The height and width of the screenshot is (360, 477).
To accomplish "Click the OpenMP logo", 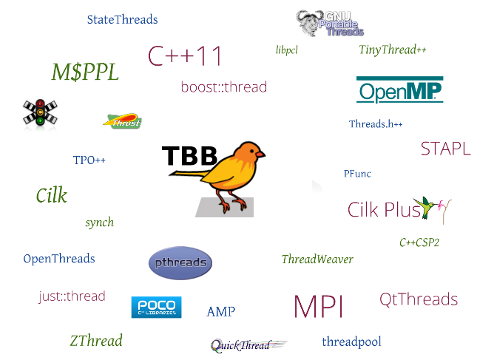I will [x=399, y=90].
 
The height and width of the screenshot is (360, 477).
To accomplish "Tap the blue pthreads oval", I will [x=180, y=263].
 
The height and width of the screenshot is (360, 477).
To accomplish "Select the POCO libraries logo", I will [x=156, y=308].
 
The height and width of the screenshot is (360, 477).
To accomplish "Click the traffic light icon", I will [x=38, y=113].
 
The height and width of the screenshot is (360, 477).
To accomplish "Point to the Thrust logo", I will [x=123, y=121].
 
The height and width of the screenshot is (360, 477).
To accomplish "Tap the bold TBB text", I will [x=189, y=155].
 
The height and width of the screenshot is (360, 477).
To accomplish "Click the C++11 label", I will [x=185, y=56].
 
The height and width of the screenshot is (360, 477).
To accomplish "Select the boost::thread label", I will [x=223, y=87].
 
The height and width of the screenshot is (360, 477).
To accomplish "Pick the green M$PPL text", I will [x=84, y=72].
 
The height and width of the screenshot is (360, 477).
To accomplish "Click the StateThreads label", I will [x=122, y=20].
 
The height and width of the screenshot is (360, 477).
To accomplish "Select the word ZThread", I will [x=96, y=341].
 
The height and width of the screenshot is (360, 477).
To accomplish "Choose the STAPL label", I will [x=445, y=149].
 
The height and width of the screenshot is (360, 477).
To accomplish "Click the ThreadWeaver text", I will [x=317, y=259].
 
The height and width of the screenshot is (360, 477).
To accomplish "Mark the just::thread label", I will [x=72, y=296].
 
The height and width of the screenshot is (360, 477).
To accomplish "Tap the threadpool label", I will [x=351, y=342].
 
